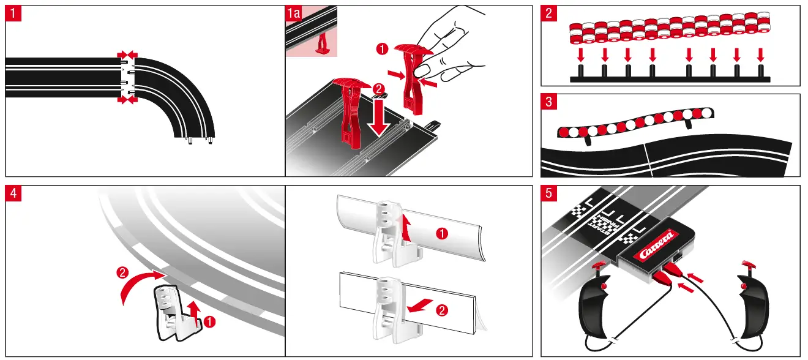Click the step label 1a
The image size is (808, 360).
click(x=295, y=14)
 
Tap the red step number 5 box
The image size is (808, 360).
click(x=549, y=194)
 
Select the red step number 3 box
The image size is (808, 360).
click(x=549, y=102)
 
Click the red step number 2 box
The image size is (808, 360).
click(x=549, y=14)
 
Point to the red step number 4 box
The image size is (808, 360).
click(x=13, y=194)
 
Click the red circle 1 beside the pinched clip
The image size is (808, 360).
click(x=382, y=47)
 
